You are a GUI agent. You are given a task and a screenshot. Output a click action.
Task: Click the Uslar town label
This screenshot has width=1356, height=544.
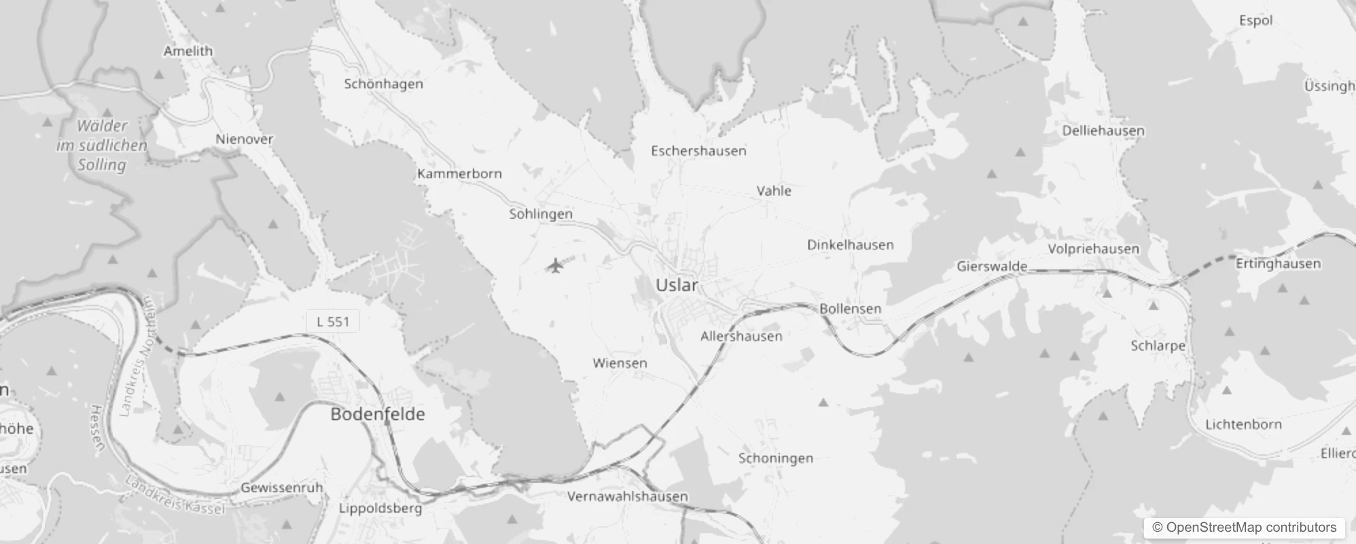coord(676,286)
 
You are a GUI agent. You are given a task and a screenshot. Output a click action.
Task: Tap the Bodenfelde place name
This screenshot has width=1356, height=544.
coord(378,414)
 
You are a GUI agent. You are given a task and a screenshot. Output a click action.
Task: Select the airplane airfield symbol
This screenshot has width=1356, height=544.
coord(556,265)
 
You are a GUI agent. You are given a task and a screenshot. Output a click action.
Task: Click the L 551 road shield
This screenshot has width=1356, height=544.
coord(333,322)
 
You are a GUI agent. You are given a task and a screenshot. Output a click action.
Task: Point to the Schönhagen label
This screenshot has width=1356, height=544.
coord(383,84)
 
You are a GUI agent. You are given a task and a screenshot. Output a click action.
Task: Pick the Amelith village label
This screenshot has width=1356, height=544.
coord(188,51)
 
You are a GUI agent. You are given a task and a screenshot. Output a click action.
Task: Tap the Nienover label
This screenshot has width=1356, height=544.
coord(245,139)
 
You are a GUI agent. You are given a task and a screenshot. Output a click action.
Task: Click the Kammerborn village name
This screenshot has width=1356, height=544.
coord(459,174)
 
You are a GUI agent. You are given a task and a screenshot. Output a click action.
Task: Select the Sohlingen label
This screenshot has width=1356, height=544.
coord(541,214)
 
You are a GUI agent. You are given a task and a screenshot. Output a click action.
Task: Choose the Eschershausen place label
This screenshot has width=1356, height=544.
coord(698,151)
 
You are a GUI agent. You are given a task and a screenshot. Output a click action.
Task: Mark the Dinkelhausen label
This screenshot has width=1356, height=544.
coord(850,245)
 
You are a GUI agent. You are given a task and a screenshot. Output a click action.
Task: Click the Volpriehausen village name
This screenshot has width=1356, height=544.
coord(1093,249)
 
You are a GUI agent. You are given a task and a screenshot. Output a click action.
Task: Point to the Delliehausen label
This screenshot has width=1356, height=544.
coord(1103,131)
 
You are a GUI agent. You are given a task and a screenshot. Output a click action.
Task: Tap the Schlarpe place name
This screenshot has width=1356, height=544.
coord(1158,345)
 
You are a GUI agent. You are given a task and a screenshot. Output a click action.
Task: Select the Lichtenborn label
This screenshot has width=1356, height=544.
coord(1243,424)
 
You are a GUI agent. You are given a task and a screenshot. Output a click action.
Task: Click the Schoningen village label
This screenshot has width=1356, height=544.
coord(776,458)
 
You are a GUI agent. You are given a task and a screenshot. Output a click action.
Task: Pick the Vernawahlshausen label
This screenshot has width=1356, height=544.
coord(627,496)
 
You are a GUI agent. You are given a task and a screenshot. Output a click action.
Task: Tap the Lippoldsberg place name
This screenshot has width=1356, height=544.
coord(380,508)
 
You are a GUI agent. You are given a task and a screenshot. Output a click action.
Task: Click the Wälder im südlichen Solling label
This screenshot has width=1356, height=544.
coord(102,146)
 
